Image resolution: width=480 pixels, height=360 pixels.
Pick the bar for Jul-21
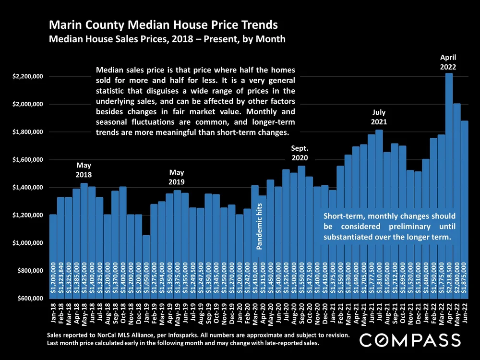(379, 202)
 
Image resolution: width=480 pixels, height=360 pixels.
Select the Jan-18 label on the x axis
(53, 314)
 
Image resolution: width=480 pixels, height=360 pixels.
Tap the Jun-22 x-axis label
(465, 314)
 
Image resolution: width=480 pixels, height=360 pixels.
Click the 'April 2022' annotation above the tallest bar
(448, 63)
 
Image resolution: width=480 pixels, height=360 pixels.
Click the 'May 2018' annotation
(84, 170)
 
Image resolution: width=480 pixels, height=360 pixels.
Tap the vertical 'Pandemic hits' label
(259, 226)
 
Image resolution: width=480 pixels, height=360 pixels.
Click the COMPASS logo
(410, 340)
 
